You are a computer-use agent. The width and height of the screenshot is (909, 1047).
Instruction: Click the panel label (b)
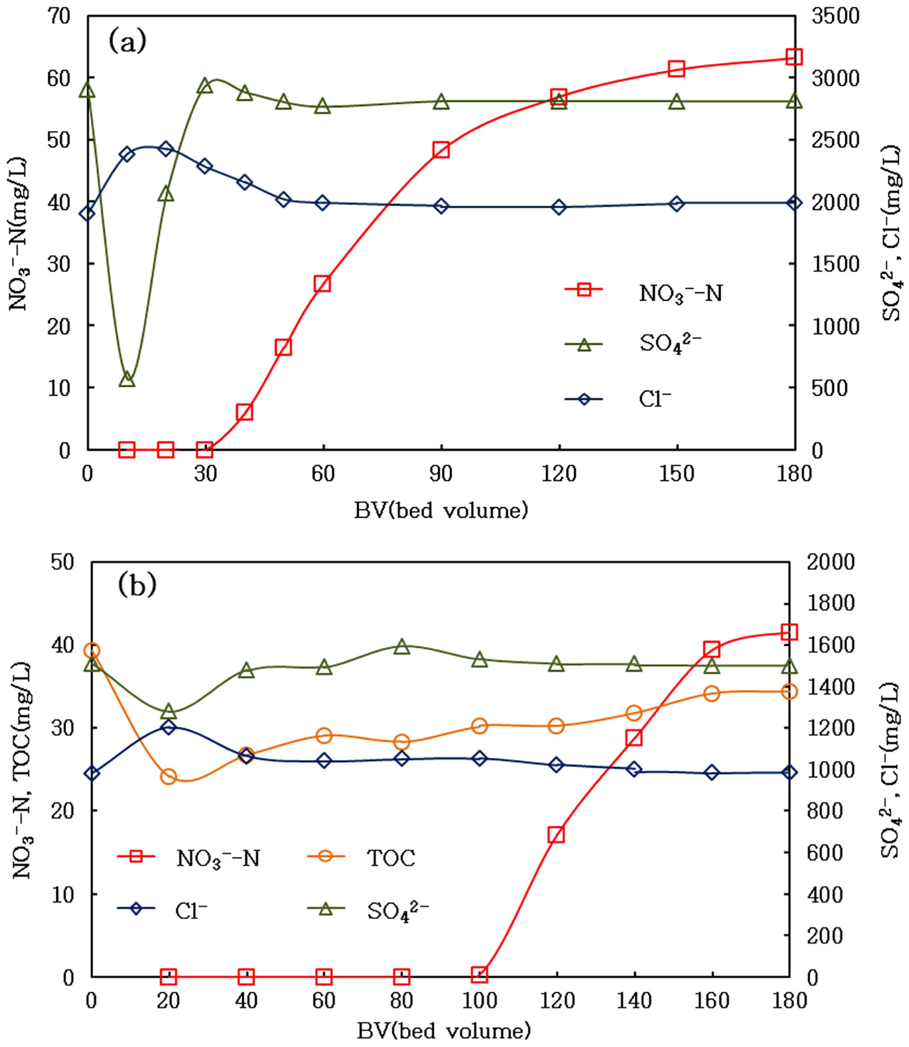137,585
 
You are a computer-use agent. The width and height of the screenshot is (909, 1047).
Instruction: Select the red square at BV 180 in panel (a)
794,57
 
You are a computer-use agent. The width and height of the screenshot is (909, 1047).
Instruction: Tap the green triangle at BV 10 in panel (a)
127,379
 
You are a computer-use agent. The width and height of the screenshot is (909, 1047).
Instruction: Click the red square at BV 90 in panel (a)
441,150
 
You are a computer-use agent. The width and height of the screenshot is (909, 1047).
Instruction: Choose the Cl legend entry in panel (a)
654,399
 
